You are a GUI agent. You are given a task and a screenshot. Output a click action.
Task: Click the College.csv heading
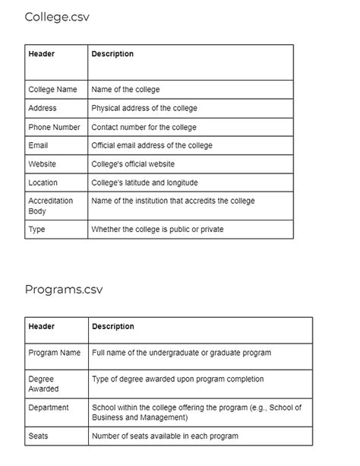click(56, 17)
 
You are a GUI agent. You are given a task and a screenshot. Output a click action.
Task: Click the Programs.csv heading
click(63, 289)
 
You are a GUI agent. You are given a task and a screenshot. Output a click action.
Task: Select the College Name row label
click(52, 90)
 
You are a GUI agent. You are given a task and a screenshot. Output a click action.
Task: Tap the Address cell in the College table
click(42, 108)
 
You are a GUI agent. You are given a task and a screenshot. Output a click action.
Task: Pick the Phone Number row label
click(54, 127)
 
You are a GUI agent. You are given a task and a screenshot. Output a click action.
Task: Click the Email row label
click(39, 145)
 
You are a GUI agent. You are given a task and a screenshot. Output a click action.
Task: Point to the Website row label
click(42, 163)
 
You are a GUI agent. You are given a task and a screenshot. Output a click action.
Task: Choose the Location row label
click(43, 182)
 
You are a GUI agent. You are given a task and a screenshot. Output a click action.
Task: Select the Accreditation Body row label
click(50, 205)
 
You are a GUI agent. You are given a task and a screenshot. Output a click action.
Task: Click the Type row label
click(36, 229)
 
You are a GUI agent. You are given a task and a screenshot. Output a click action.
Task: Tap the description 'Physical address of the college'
click(144, 108)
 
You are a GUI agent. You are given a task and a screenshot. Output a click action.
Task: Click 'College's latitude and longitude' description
click(144, 182)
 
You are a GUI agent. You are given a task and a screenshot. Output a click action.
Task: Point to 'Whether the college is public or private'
click(157, 229)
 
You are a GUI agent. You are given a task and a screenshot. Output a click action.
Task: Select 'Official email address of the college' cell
click(152, 145)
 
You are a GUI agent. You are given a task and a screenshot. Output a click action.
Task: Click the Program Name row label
click(54, 353)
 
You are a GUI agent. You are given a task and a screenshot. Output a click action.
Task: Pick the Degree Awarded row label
click(43, 383)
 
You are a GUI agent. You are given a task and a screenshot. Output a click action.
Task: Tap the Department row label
click(48, 407)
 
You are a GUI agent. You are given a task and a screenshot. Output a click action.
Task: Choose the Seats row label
click(38, 436)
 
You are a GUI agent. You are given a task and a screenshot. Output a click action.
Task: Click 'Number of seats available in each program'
click(165, 436)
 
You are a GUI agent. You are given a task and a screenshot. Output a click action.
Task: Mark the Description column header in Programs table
click(112, 326)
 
